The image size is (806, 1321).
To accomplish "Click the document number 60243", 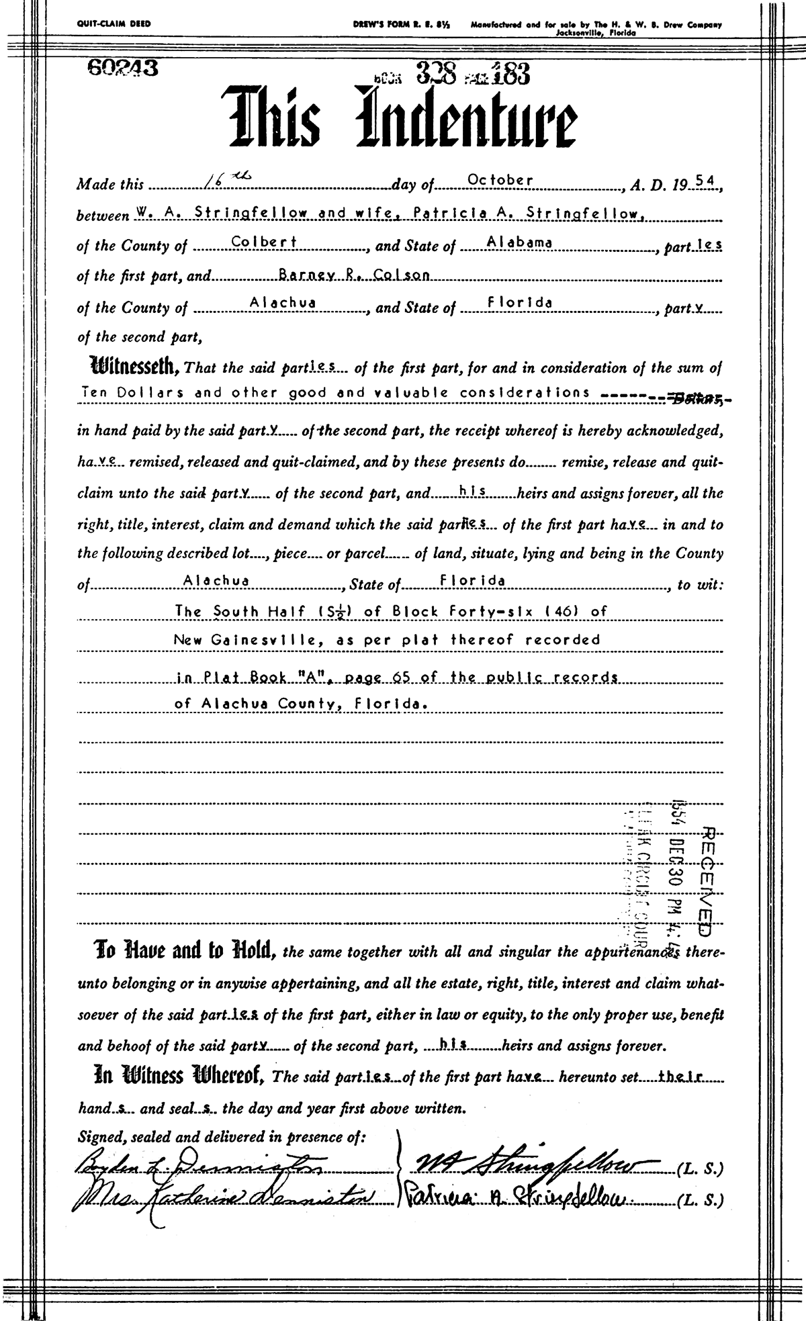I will click(x=122, y=69).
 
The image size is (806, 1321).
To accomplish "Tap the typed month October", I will click(x=500, y=180).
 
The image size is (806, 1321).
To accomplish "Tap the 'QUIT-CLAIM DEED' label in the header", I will click(x=114, y=24).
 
